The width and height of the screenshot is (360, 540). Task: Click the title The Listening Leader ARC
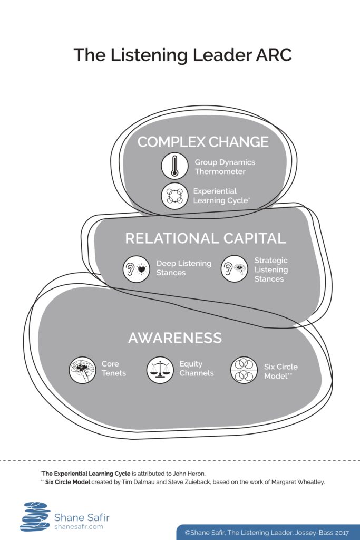[x=182, y=55]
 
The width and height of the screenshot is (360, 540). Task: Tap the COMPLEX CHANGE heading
[x=203, y=142]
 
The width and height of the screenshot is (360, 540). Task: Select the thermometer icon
[x=175, y=166]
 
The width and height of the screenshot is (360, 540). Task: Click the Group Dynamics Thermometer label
[x=225, y=167]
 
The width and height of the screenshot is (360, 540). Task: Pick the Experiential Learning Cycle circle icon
[x=175, y=196]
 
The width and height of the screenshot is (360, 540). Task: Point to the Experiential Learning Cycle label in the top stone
[x=222, y=196]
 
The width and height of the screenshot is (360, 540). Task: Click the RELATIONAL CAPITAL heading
[x=206, y=238]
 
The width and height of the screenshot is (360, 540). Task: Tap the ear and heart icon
[x=137, y=269]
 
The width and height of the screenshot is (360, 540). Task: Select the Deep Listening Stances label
[x=184, y=268]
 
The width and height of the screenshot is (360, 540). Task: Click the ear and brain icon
[x=235, y=268]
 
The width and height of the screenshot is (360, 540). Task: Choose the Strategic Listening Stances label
[x=271, y=269]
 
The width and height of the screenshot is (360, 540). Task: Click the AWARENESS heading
[x=175, y=338]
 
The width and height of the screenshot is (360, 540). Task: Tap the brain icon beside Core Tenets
[x=83, y=370]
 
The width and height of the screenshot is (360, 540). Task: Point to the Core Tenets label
[x=114, y=369]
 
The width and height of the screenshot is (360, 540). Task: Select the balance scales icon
[x=160, y=370]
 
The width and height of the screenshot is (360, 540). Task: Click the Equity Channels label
[x=197, y=369]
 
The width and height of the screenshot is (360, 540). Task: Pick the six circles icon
[x=244, y=370]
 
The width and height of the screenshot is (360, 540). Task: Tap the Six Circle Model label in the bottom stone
[x=281, y=371]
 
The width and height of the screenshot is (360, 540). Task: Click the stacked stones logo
[x=35, y=517]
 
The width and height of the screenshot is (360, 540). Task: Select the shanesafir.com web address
[x=79, y=527]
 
